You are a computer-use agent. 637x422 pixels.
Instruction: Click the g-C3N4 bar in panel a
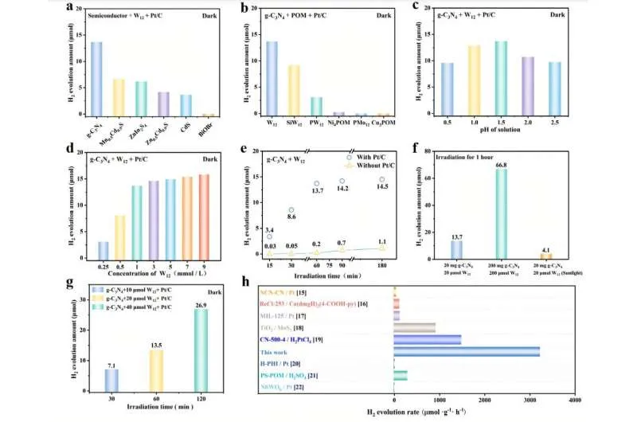(x=96, y=79)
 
